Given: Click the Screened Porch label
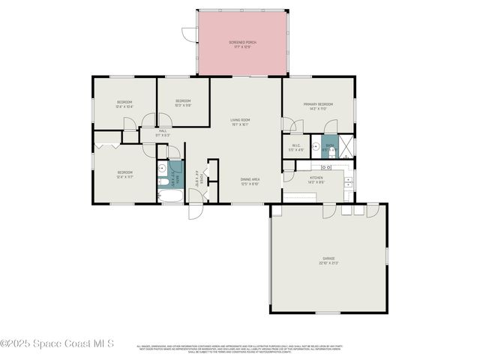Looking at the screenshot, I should (242, 43).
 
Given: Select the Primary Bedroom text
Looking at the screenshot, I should (318, 106).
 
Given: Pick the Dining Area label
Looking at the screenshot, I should (250, 181).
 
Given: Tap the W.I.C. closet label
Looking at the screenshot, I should (296, 148).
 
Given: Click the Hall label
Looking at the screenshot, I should (163, 133).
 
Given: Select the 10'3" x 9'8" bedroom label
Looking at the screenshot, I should (183, 103).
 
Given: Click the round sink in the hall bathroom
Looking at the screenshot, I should (162, 169).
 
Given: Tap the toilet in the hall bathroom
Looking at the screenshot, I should (162, 182).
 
